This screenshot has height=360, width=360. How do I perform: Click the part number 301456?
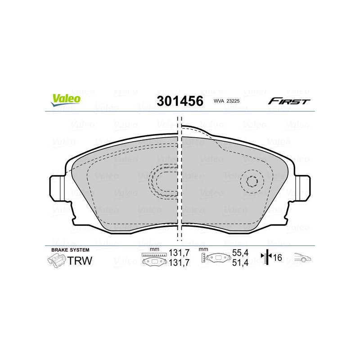tap(180, 101)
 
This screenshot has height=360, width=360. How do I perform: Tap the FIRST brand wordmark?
tap(289, 101)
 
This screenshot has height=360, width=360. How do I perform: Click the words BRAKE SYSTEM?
tap(70, 250)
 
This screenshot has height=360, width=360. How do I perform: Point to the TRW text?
tap(79, 261)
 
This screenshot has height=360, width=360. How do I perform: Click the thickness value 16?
tap(277, 258)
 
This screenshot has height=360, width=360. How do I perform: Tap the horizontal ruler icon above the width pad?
tap(154, 255)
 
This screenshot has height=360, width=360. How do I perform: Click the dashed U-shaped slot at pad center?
tap(164, 181)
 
